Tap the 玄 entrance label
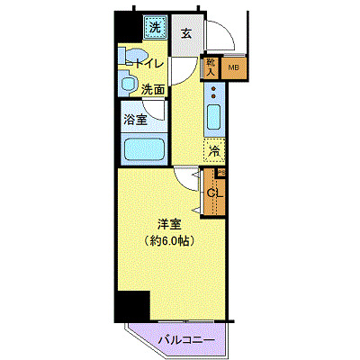(185, 33)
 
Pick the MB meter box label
(234, 67)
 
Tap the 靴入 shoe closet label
(211, 66)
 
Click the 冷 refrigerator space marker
(214, 149)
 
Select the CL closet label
(215, 192)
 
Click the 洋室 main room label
(168, 223)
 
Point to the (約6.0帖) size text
(168, 240)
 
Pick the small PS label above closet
(220, 172)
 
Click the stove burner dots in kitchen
(213, 93)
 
